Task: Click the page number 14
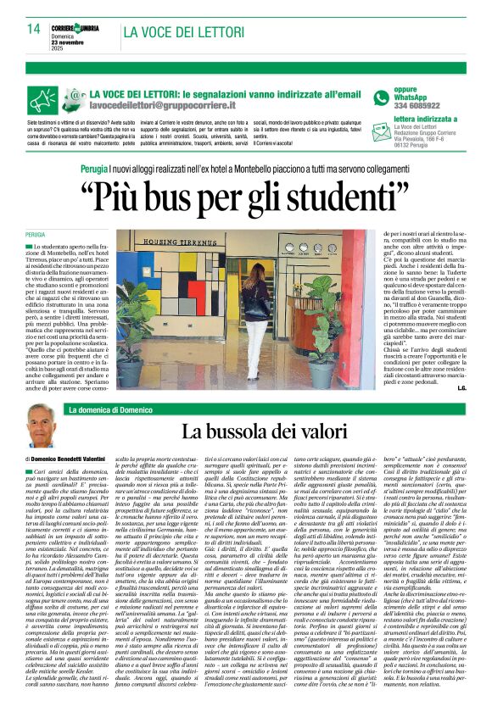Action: (34, 29)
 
